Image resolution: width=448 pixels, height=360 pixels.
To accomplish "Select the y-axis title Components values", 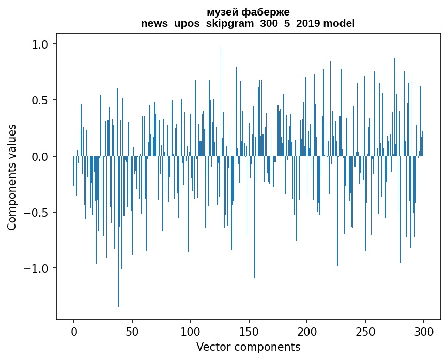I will click(12, 177).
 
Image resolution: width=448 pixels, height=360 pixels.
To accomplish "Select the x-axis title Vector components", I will click(248, 347).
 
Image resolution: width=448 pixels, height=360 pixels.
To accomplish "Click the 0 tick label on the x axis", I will click(74, 331).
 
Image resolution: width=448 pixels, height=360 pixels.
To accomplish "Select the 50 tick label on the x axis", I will click(132, 331).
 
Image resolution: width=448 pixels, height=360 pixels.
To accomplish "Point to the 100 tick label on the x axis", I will click(190, 331).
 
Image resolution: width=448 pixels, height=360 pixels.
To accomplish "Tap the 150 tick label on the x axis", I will click(249, 331).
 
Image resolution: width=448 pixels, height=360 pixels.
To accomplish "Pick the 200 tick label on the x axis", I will click(307, 331).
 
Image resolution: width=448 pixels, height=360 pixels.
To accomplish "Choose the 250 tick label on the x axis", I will click(365, 331).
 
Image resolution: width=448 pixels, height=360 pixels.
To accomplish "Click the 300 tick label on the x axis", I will click(424, 331).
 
